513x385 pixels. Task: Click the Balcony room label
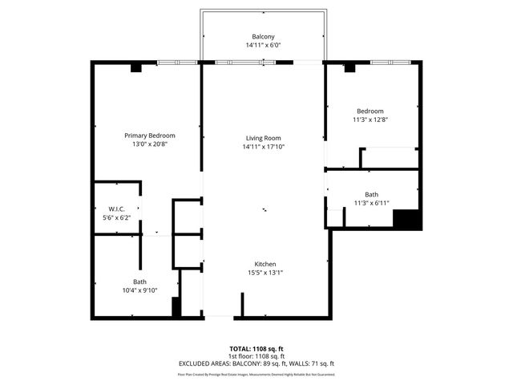[x=263, y=37]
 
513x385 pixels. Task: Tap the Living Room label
[x=265, y=138]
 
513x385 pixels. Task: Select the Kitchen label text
[x=265, y=264]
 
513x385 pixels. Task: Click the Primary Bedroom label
[x=149, y=136]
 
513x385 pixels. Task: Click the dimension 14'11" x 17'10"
[x=265, y=147]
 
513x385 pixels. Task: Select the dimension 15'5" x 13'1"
[x=265, y=273]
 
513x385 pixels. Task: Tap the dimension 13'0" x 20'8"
[x=149, y=144]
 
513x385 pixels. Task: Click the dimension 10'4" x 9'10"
[x=139, y=290]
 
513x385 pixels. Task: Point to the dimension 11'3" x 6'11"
[x=371, y=203]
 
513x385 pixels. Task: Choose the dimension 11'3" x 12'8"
[x=370, y=120]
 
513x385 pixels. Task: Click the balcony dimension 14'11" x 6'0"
[x=263, y=46]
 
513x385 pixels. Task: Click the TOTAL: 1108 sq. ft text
[x=256, y=349]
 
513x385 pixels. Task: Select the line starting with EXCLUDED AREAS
[x=256, y=363]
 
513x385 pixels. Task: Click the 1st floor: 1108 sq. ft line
[x=256, y=356]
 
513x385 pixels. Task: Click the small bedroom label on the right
[x=370, y=111]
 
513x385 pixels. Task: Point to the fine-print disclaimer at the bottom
[x=256, y=374]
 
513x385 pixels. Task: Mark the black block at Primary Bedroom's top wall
[x=136, y=68]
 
